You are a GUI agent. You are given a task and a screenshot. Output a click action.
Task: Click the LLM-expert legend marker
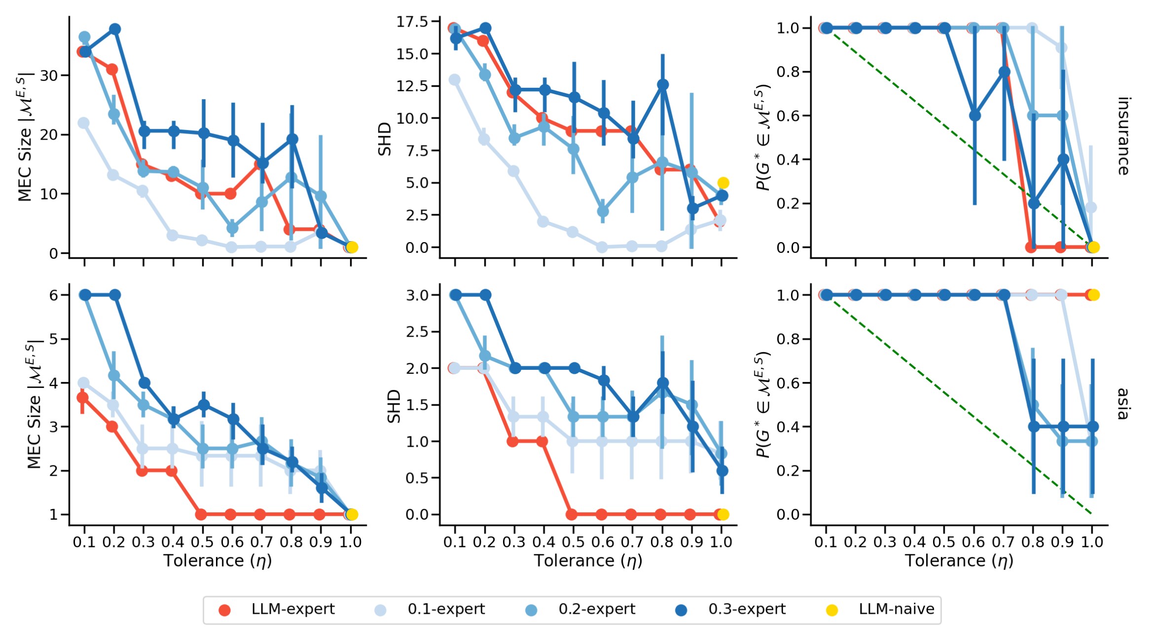click(x=224, y=610)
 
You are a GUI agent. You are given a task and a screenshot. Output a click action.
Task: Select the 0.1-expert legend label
click(x=446, y=609)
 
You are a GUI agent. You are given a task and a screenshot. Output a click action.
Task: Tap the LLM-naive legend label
click(x=896, y=609)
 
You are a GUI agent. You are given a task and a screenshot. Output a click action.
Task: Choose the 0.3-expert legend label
click(x=747, y=609)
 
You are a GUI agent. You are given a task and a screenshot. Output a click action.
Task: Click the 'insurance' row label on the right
click(x=1123, y=136)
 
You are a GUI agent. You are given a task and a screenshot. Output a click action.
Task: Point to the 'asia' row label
click(x=1123, y=404)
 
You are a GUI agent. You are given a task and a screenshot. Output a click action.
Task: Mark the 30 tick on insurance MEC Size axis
click(x=49, y=76)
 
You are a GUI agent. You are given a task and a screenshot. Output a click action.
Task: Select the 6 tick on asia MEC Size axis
click(x=53, y=295)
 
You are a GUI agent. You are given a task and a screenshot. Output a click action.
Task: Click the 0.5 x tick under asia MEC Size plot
click(x=202, y=542)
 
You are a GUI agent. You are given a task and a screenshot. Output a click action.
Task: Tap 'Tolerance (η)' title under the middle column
click(x=588, y=561)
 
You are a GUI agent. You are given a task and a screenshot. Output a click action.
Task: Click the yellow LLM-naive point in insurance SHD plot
click(x=723, y=183)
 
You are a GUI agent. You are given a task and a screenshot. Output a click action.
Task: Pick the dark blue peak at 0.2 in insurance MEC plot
click(x=114, y=29)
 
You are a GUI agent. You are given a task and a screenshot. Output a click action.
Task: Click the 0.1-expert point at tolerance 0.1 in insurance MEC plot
click(x=84, y=123)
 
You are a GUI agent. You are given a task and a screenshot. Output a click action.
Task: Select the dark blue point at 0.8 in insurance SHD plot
click(x=663, y=85)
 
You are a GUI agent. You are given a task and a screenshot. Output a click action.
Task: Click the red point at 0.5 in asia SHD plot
click(x=572, y=515)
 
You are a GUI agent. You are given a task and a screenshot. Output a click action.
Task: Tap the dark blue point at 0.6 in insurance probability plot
click(x=974, y=116)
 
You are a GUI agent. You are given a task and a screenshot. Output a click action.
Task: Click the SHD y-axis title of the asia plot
click(x=394, y=406)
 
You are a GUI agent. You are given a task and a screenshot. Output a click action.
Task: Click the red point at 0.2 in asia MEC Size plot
click(x=112, y=426)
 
